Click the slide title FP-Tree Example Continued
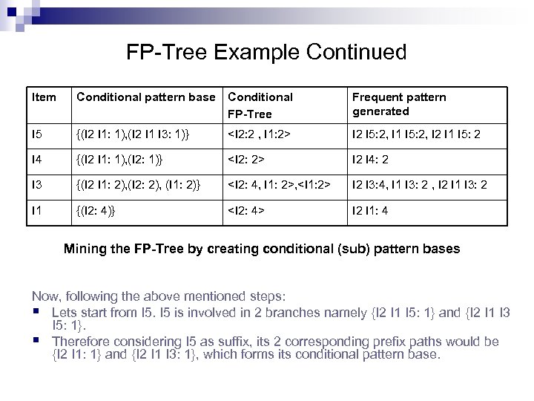pos(266,53)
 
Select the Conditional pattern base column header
pos(145,97)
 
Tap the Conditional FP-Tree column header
pos(260,105)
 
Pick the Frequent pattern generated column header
pos(398,104)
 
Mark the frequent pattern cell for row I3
pos(420,183)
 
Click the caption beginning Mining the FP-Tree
pos(262,249)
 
